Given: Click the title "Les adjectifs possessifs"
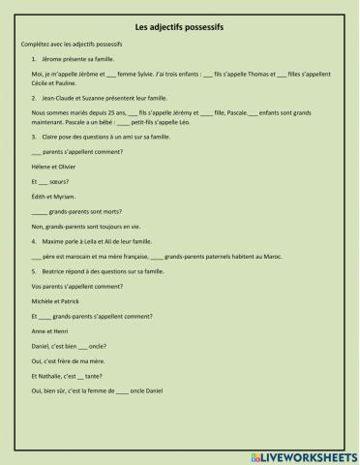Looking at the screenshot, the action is (x=180, y=28).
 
